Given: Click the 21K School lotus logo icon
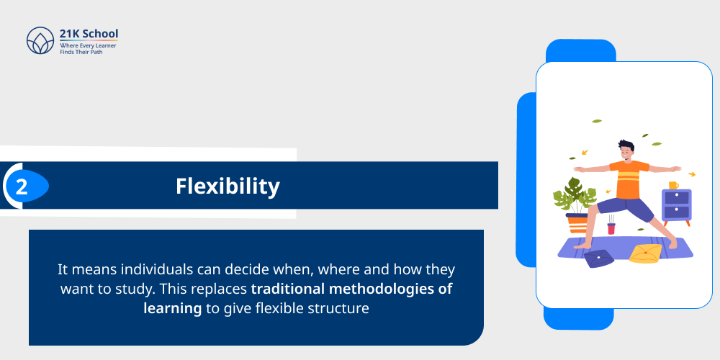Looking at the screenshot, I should (x=40, y=41).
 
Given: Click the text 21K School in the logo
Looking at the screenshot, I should (x=89, y=34).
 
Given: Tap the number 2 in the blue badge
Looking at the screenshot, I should (x=22, y=186).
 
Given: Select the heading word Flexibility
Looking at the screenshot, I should (x=228, y=186).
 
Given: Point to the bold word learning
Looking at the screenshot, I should (x=172, y=307).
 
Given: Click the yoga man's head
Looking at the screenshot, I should (x=626, y=150).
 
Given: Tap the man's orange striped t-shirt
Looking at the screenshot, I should (x=629, y=178).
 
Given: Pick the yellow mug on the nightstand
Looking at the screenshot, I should (x=673, y=185).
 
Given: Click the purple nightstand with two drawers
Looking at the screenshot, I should (x=676, y=207).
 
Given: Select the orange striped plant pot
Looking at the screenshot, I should (x=577, y=224).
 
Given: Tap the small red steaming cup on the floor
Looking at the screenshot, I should (x=611, y=228).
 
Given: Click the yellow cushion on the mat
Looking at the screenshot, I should (x=644, y=253).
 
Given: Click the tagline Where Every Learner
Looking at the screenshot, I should (x=88, y=45).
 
